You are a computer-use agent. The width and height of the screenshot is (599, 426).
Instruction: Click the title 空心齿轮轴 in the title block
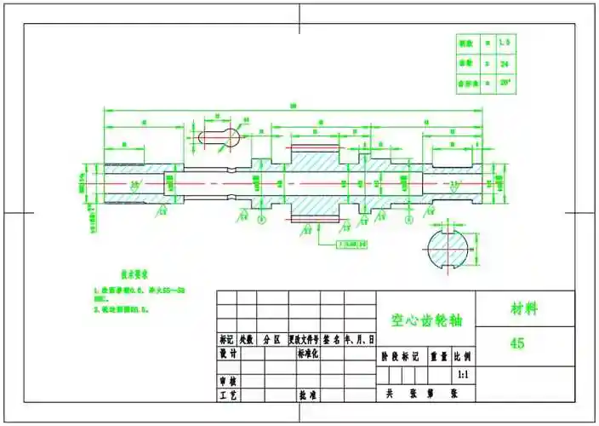click(425, 320)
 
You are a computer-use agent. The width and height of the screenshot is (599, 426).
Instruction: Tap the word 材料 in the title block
click(524, 308)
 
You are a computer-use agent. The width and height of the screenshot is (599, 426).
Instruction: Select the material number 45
click(517, 343)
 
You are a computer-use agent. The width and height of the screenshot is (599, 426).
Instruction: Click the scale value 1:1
click(463, 374)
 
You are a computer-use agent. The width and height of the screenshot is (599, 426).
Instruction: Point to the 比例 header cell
click(463, 358)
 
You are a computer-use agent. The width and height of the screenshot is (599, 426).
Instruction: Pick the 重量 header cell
click(439, 358)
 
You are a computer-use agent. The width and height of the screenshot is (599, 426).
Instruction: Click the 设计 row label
click(228, 353)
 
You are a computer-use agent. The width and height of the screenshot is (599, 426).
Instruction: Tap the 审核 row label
click(228, 382)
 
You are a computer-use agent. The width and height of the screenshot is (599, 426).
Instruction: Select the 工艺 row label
click(228, 396)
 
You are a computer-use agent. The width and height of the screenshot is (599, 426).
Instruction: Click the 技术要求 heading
click(134, 274)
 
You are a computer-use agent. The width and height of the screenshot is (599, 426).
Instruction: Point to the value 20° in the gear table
click(505, 83)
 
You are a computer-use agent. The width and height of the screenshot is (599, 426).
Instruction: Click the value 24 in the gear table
click(505, 62)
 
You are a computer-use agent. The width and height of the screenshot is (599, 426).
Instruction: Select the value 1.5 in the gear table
click(505, 42)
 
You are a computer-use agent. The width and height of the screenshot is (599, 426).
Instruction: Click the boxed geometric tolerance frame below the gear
click(351, 245)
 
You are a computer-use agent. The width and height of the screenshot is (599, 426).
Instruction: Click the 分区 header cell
click(271, 338)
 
